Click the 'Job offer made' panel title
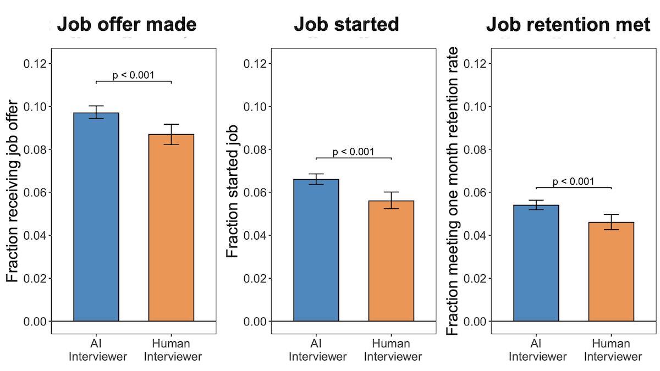click(x=127, y=25)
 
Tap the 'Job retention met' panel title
click(x=568, y=25)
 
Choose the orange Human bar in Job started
click(x=391, y=261)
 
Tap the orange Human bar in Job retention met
click(x=611, y=272)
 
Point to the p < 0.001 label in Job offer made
click(x=134, y=75)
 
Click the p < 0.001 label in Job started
click(x=354, y=152)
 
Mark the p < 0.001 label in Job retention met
click(x=574, y=181)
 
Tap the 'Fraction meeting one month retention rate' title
click(x=454, y=191)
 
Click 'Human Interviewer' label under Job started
click(x=391, y=350)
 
